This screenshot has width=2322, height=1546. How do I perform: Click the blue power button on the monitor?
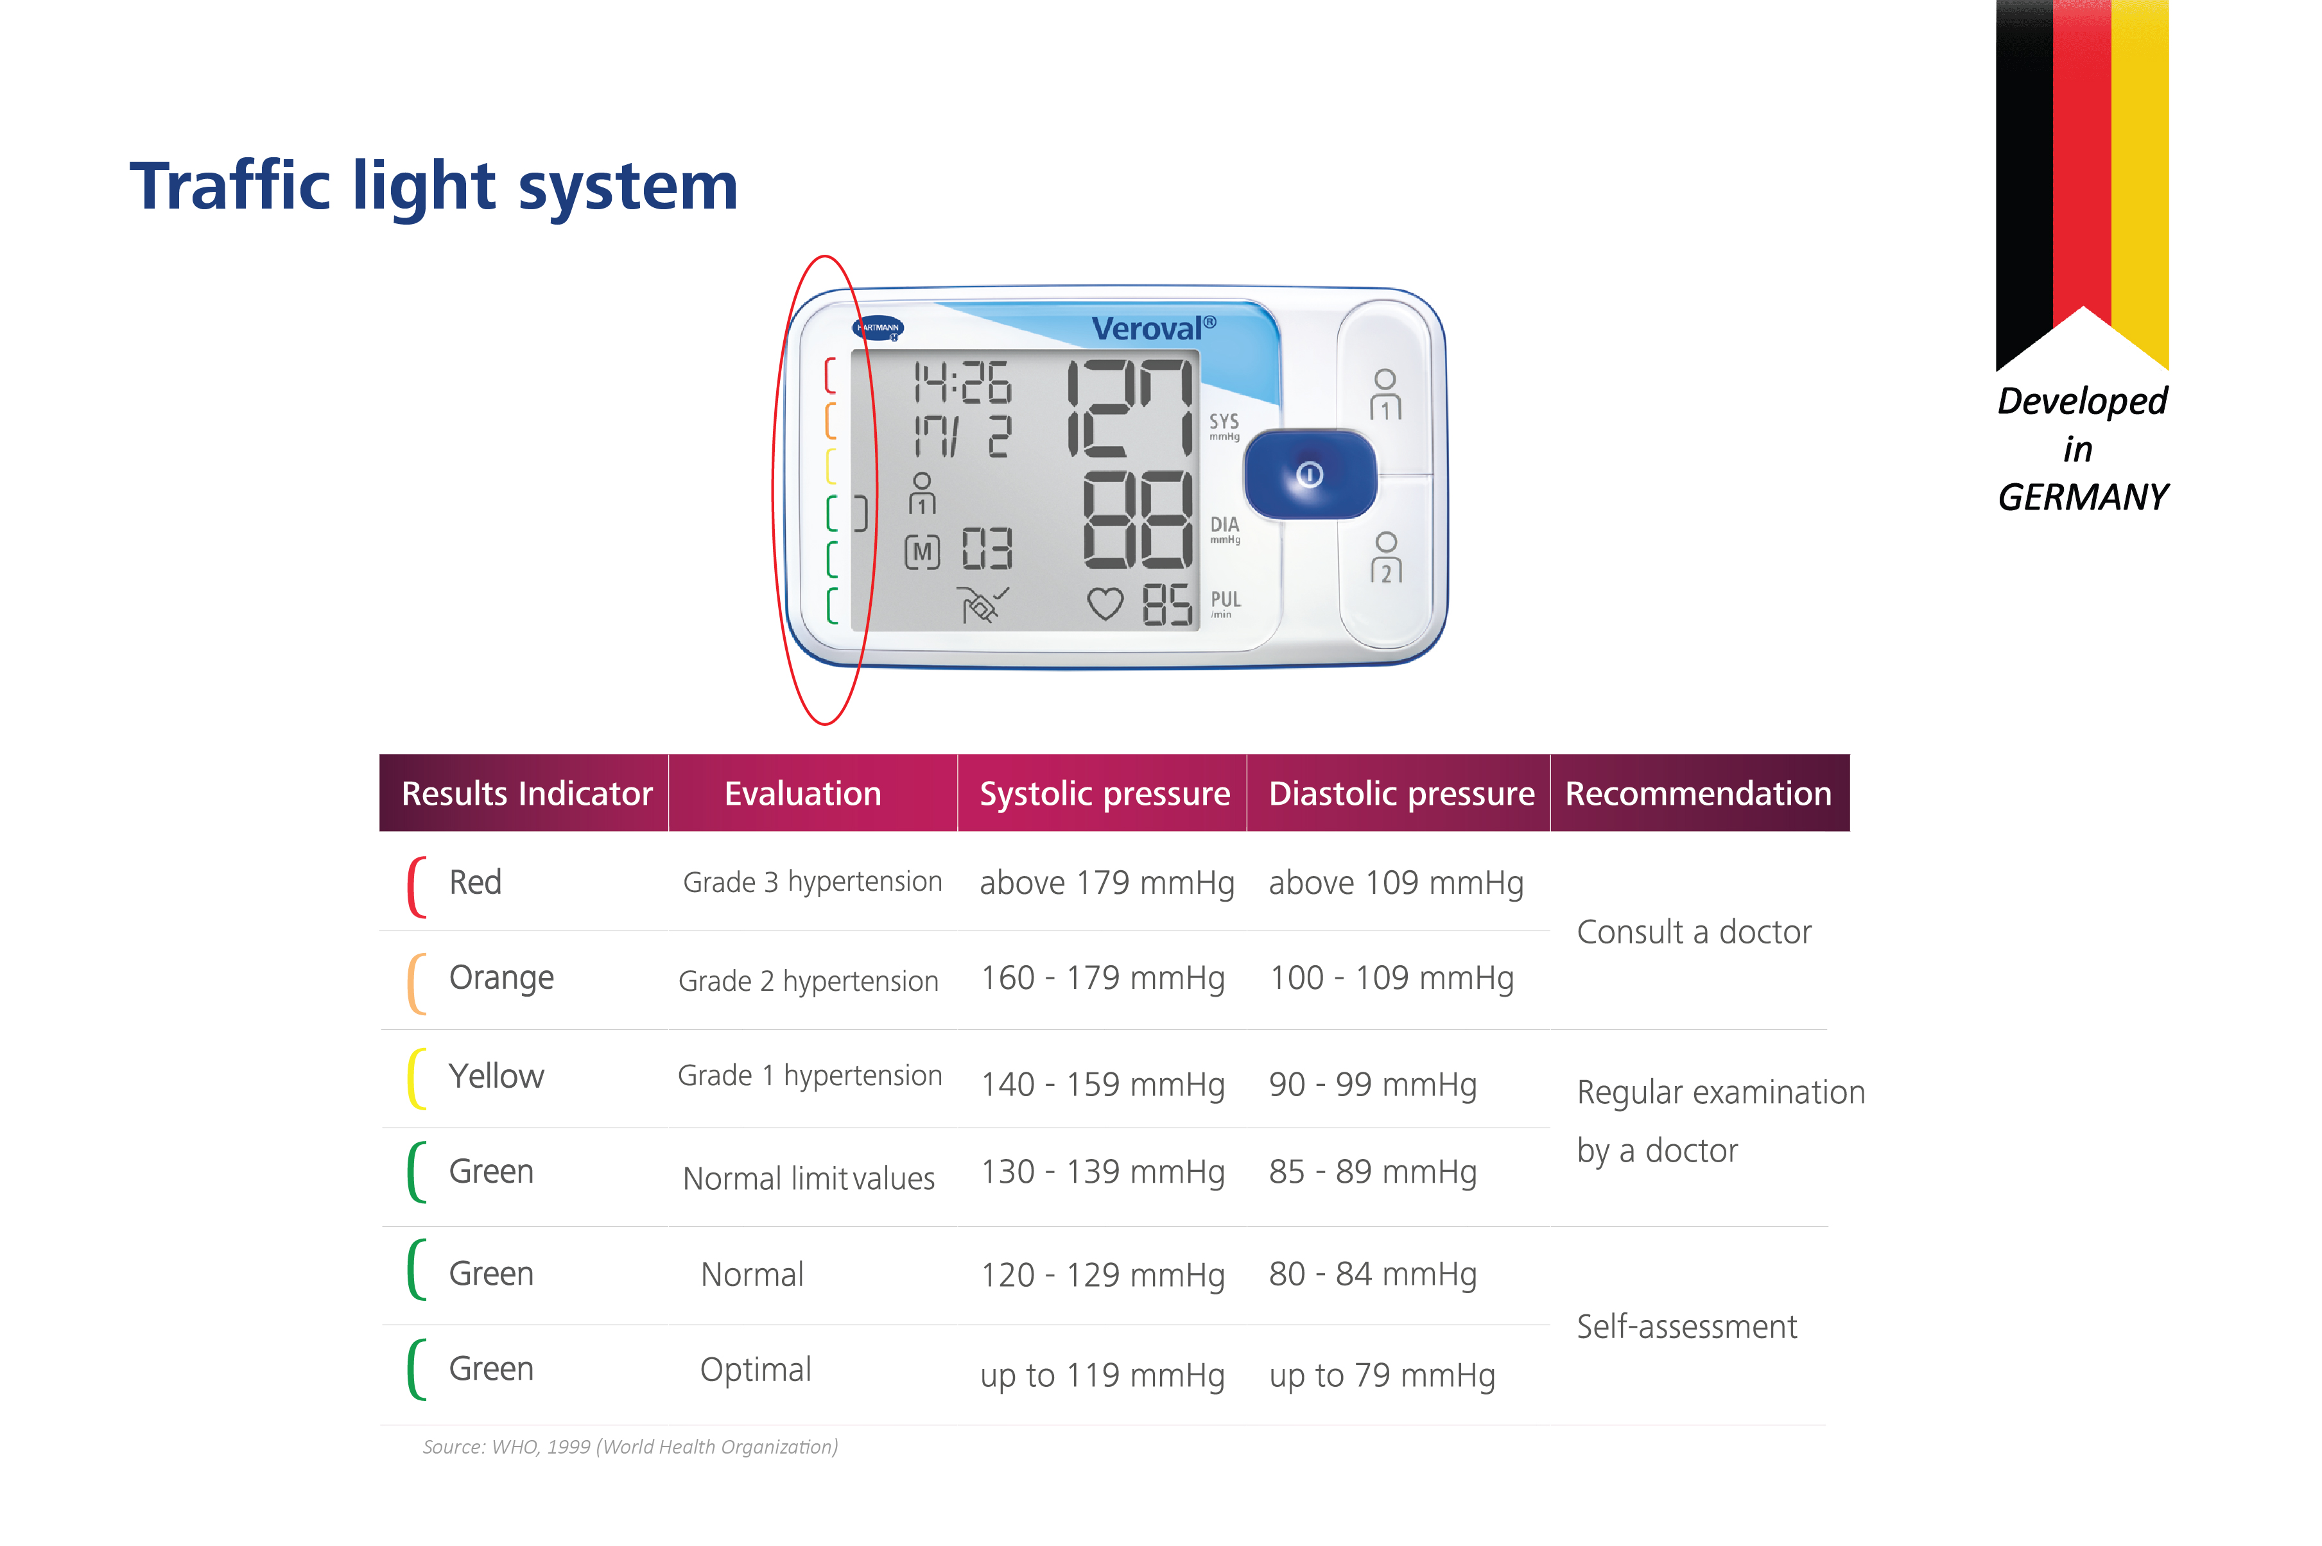pyautogui.click(x=1310, y=474)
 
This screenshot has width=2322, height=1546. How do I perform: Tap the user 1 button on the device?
pyautogui.click(x=1384, y=395)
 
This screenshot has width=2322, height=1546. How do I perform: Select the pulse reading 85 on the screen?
pyautogui.click(x=1167, y=605)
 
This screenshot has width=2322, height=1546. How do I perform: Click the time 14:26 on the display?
pyautogui.click(x=962, y=382)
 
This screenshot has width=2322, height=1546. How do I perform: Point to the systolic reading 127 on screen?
pyautogui.click(x=1130, y=408)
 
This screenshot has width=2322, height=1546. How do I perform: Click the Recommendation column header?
pyautogui.click(x=1698, y=794)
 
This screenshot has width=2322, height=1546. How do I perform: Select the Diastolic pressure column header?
pyautogui.click(x=1401, y=794)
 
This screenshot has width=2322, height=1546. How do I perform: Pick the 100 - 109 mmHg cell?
pyautogui.click(x=1391, y=978)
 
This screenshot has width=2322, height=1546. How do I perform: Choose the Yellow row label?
pyautogui.click(x=496, y=1076)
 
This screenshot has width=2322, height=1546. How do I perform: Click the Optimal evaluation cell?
pyautogui.click(x=755, y=1370)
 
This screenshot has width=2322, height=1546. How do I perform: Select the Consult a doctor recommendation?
pyautogui.click(x=1694, y=932)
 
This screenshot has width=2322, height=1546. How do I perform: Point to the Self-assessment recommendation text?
pyautogui.click(x=1686, y=1326)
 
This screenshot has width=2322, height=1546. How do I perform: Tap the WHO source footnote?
pyautogui.click(x=630, y=1447)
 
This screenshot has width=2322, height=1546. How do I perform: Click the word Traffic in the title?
pyautogui.click(x=230, y=185)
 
